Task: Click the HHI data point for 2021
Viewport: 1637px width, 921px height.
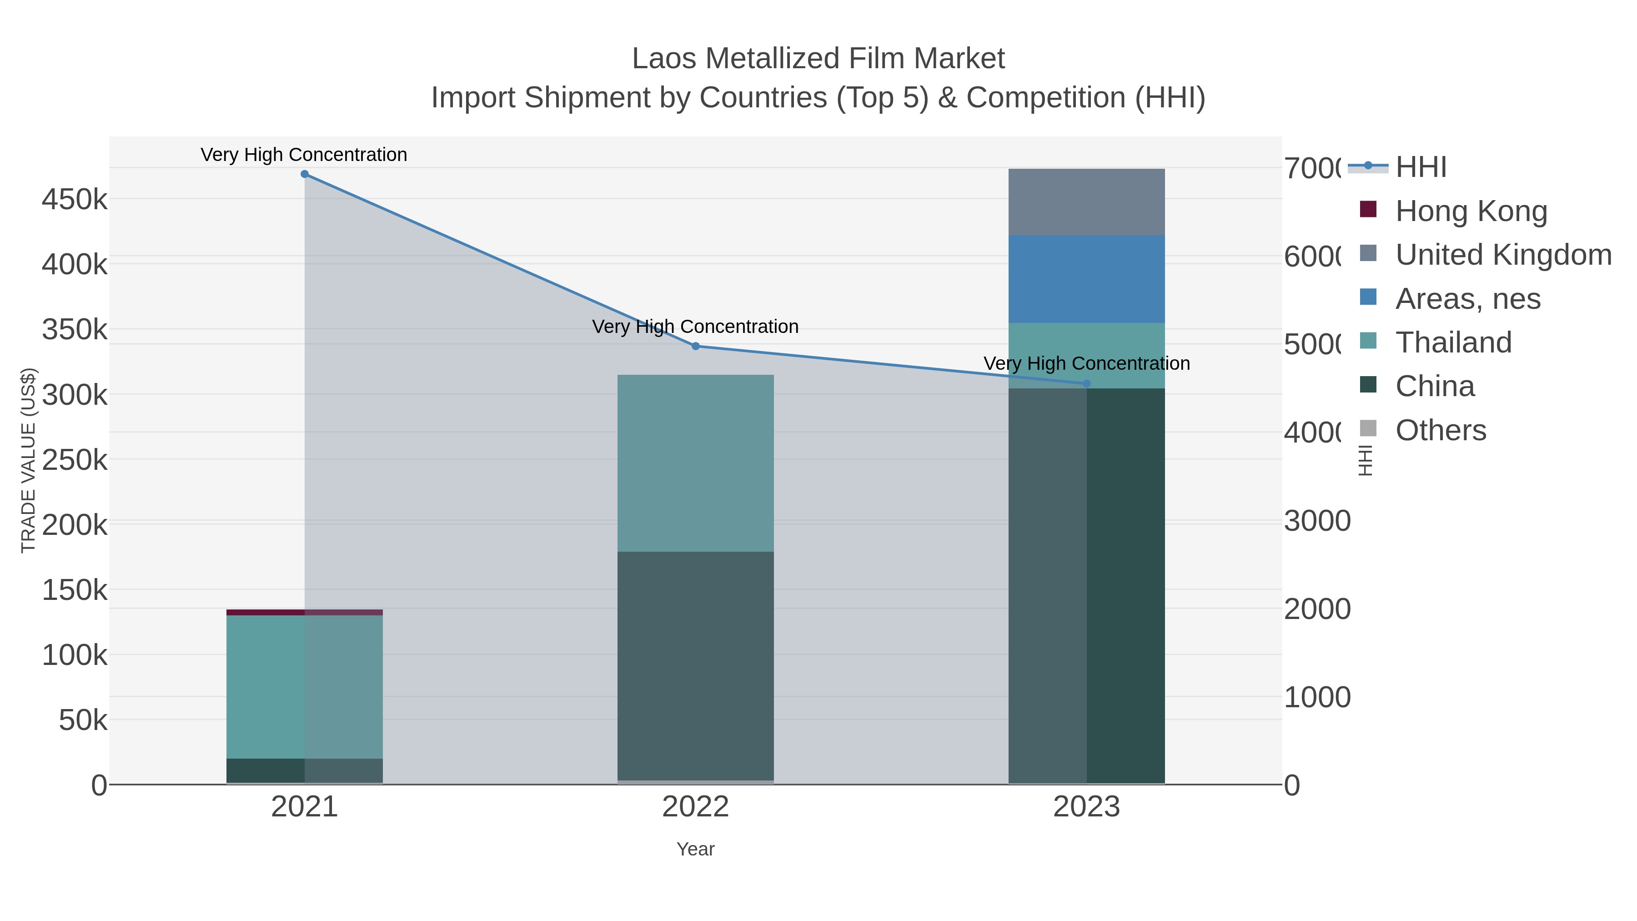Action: [x=304, y=174]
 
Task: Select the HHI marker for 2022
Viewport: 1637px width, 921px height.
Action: [x=695, y=347]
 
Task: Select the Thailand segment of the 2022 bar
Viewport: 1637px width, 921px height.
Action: [x=695, y=463]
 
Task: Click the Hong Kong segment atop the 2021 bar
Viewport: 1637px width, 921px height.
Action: [x=304, y=612]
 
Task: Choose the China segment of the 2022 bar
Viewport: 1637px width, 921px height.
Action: [x=695, y=665]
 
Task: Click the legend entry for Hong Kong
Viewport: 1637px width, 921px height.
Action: [x=1471, y=211]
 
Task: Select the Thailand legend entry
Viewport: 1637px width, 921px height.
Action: [x=1453, y=342]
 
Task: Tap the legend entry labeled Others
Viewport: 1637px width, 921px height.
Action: [x=1440, y=430]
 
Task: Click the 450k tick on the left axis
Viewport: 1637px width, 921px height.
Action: [x=75, y=200]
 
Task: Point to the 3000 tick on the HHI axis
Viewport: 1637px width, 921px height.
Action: [x=1317, y=521]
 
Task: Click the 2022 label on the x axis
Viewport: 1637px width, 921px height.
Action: [x=695, y=807]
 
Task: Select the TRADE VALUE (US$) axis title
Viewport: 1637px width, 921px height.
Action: [x=29, y=460]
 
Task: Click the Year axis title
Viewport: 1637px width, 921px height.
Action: [x=695, y=849]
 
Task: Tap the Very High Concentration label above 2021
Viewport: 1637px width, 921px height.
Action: [x=304, y=155]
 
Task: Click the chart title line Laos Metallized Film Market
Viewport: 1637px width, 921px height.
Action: [x=818, y=59]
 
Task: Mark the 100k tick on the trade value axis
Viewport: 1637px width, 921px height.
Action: [x=75, y=654]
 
